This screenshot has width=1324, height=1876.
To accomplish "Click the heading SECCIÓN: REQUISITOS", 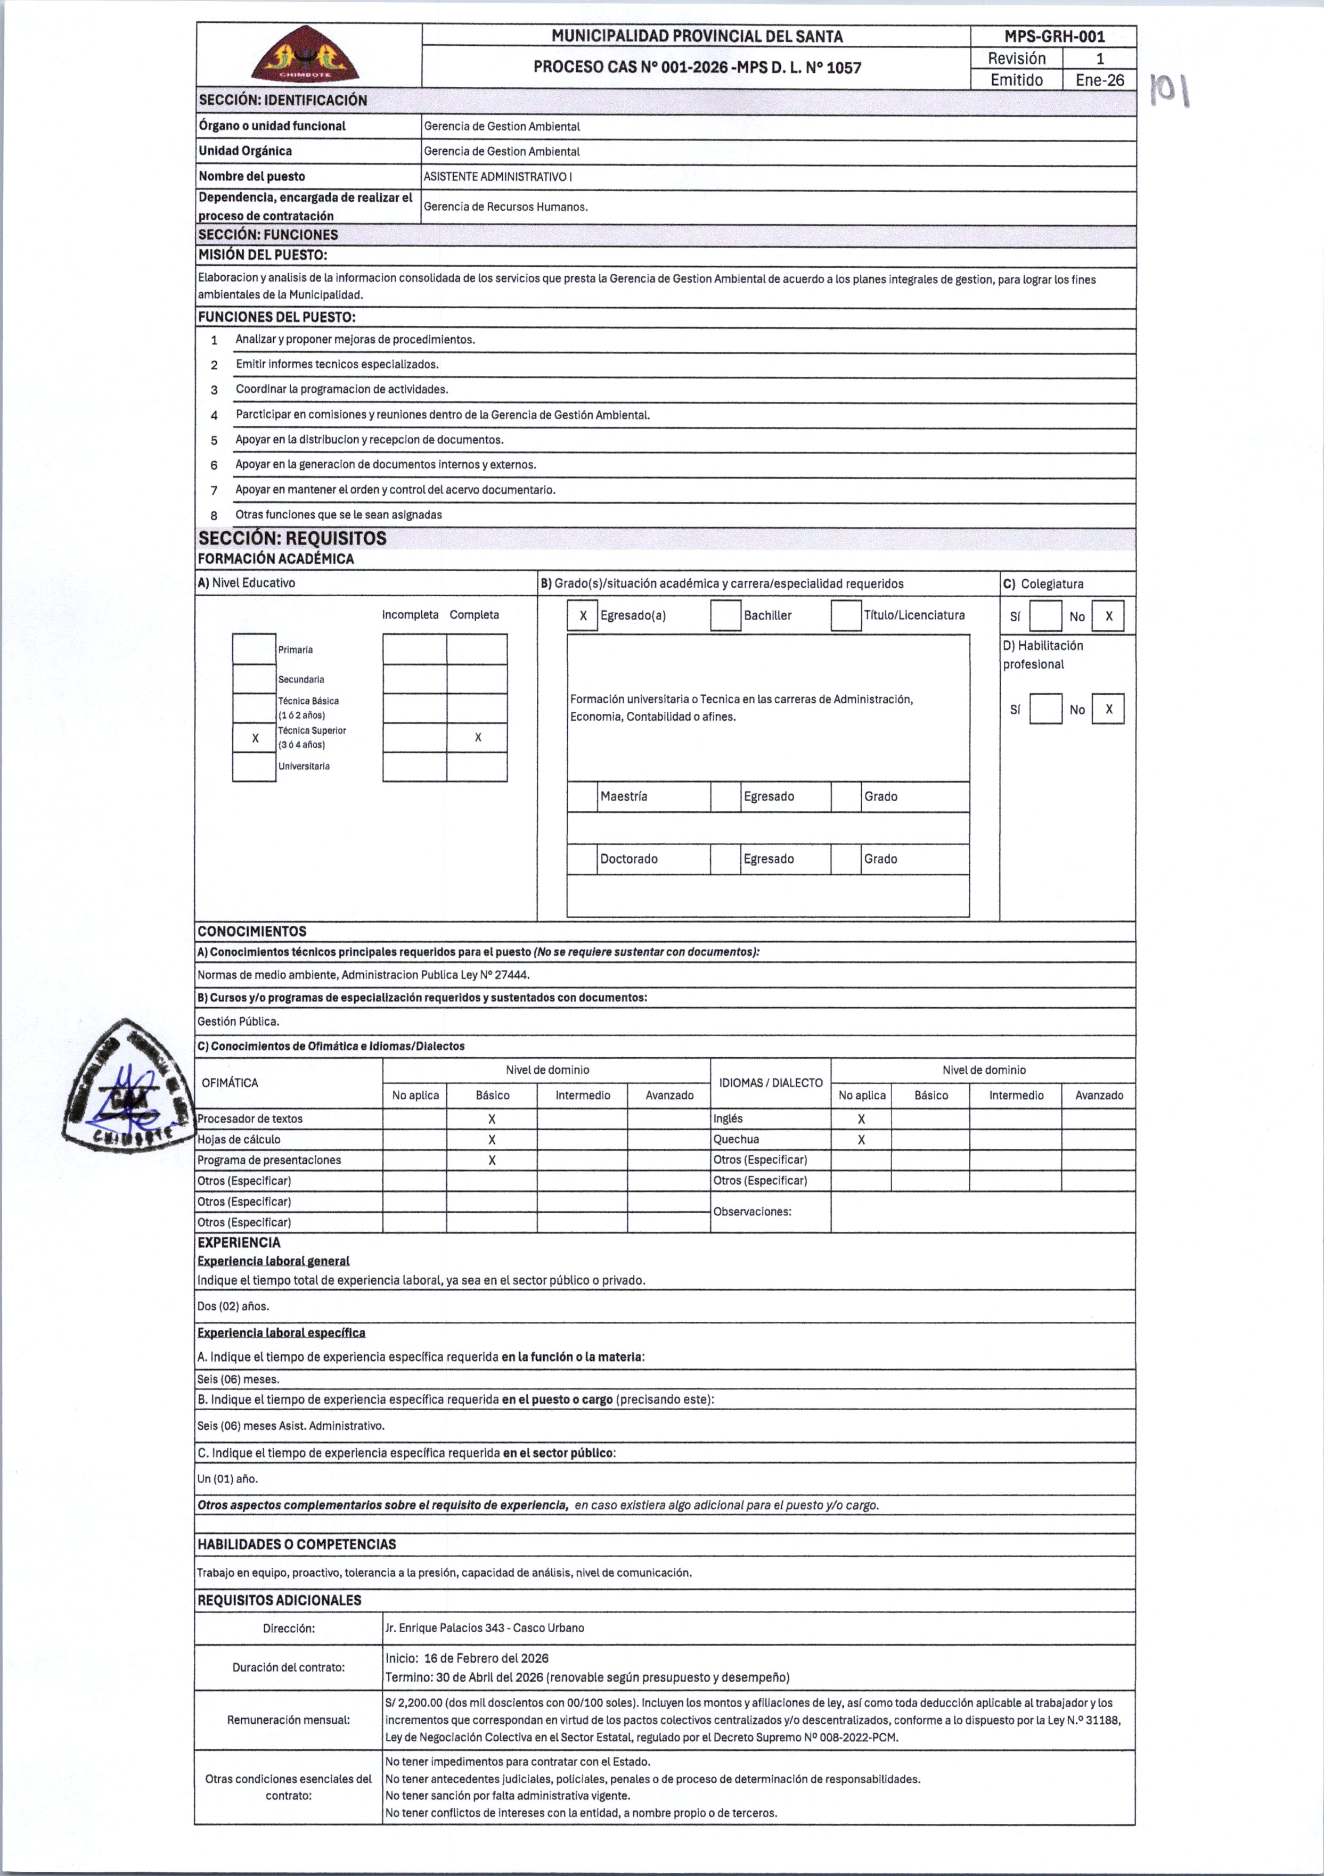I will [292, 538].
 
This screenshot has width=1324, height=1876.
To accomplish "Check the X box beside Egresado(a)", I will [583, 616].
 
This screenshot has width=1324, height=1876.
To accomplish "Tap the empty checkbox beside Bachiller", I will [725, 616].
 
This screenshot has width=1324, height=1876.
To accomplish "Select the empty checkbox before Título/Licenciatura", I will [846, 616].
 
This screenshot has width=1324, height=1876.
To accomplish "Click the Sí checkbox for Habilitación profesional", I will [1045, 709].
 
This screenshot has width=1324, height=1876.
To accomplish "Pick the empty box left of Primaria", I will [254, 649].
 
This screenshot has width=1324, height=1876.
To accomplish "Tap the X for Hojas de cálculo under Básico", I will [492, 1140].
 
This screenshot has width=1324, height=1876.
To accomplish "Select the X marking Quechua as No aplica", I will [861, 1140].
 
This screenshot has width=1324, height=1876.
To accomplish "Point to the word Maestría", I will [624, 796].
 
